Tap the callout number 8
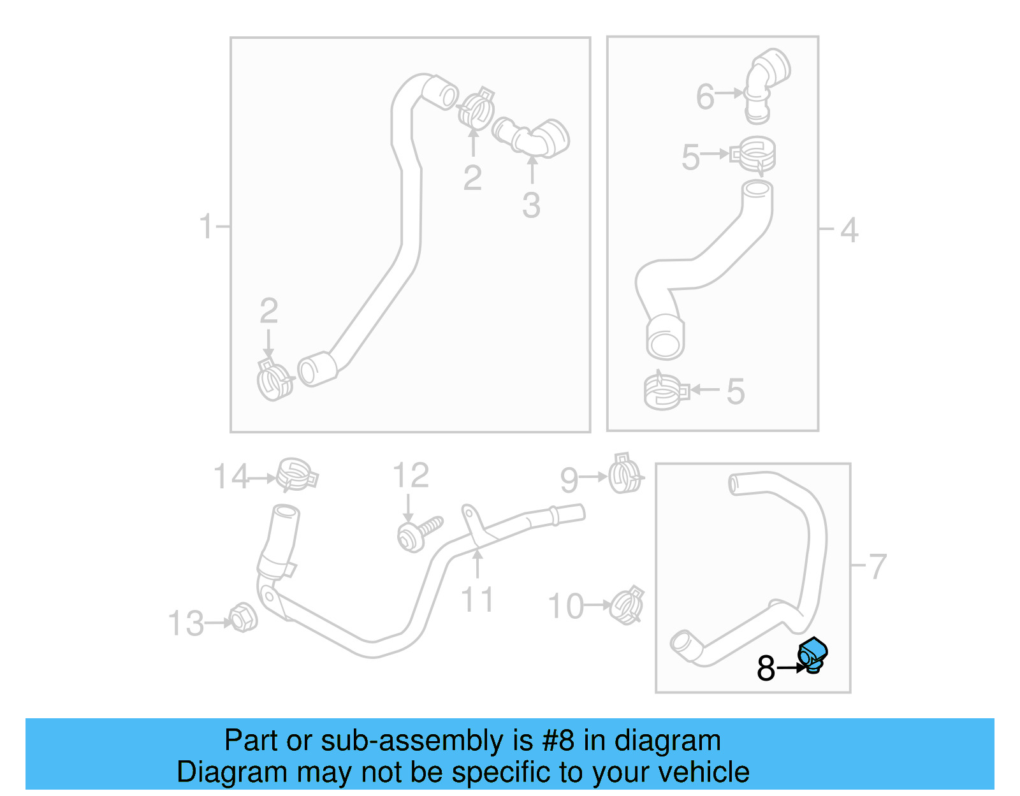click(x=766, y=669)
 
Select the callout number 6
click(x=705, y=97)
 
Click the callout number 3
click(x=531, y=205)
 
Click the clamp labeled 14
click(x=295, y=474)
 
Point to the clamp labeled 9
click(x=625, y=474)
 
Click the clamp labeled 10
click(x=626, y=605)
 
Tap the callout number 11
click(x=477, y=600)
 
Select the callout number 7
click(x=878, y=566)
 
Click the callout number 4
click(x=849, y=229)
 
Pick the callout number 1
click(x=205, y=226)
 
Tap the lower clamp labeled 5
click(x=665, y=391)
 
